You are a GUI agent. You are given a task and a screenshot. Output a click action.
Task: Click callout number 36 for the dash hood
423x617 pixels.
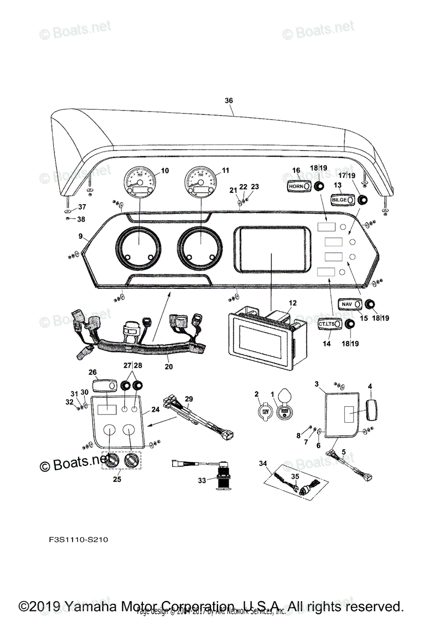229,101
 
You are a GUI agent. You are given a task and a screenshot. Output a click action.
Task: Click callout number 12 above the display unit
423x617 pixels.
292,303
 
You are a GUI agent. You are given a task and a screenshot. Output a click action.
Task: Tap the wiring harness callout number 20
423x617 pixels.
169,367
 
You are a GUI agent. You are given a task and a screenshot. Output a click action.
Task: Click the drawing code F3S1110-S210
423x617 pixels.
76,540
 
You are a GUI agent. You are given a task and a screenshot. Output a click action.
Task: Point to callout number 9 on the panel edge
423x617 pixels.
80,236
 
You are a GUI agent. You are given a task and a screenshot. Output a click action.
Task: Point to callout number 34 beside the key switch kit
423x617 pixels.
263,464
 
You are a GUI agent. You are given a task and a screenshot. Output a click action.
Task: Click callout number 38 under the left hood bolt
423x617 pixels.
81,220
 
